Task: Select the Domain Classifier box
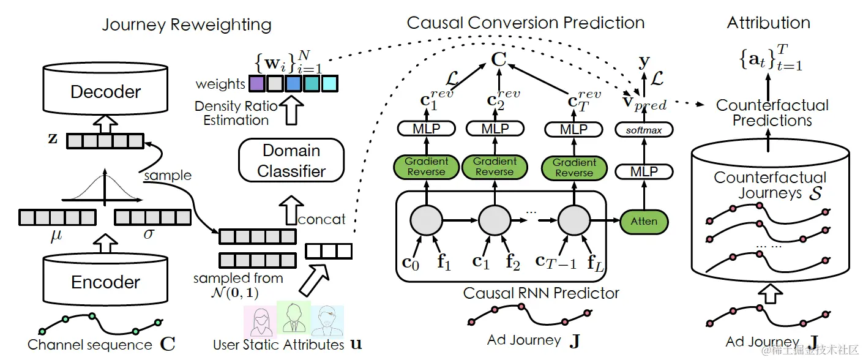click(x=291, y=161)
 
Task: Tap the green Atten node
click(x=643, y=221)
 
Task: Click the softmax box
click(x=643, y=130)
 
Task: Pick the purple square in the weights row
click(x=256, y=83)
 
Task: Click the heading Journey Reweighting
click(x=186, y=24)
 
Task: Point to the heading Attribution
click(x=768, y=23)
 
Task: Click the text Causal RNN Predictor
click(x=541, y=293)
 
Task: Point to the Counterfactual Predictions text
click(x=772, y=112)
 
